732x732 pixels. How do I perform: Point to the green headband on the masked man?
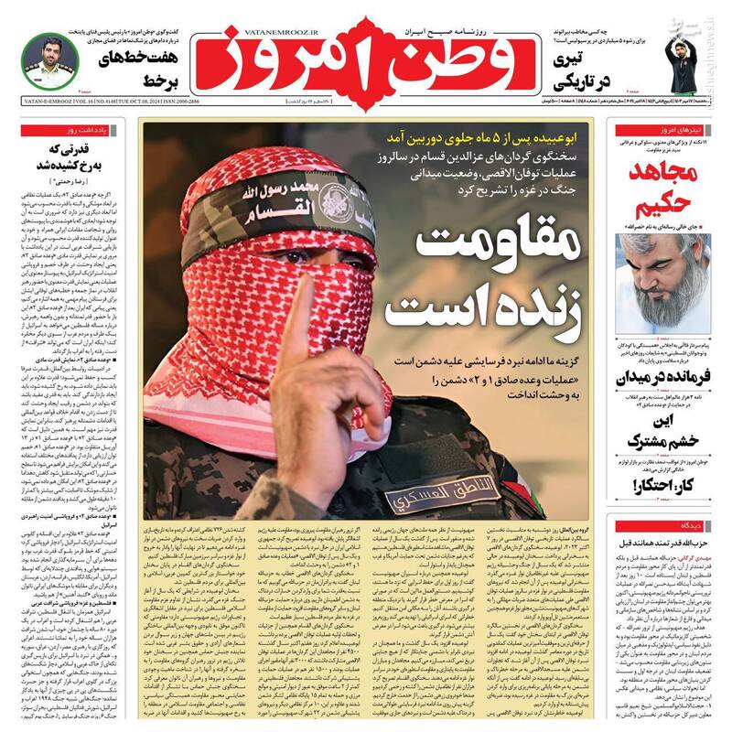point(265,201)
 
